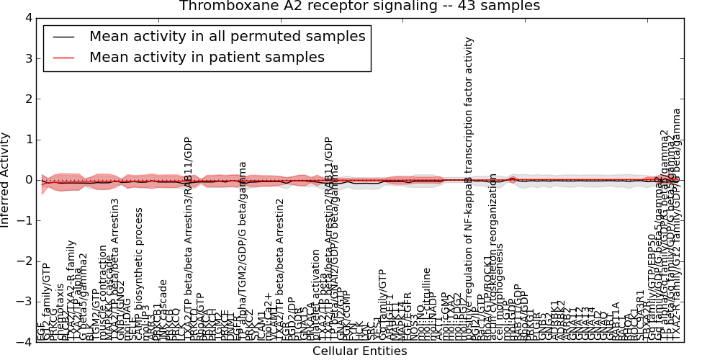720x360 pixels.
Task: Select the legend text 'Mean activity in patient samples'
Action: (207, 57)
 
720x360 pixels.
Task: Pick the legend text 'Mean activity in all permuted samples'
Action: (227, 36)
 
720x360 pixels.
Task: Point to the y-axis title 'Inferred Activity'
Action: (6, 180)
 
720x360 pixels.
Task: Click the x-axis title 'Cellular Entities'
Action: (359, 351)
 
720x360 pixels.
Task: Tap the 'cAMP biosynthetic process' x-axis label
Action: (140, 274)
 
